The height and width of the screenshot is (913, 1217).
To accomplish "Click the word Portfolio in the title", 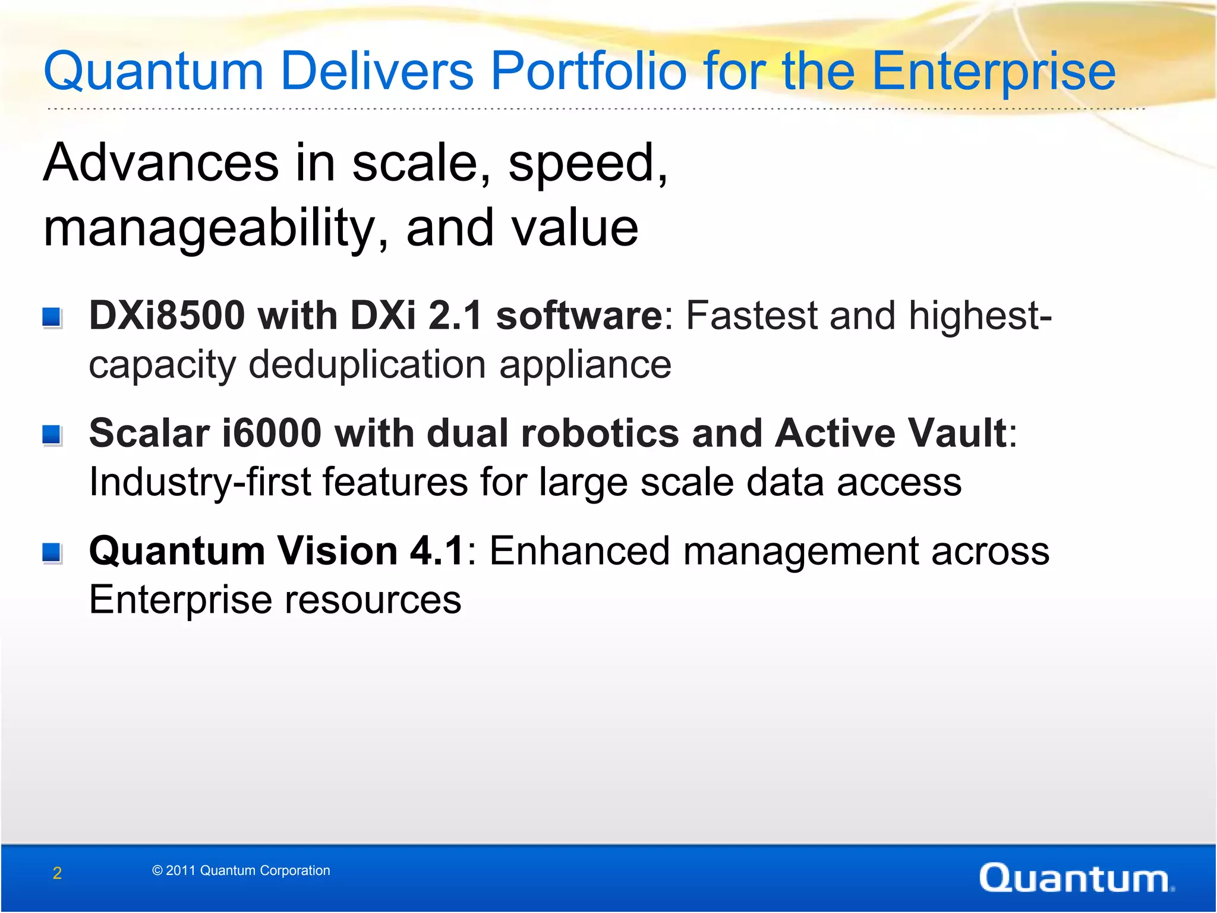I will click(x=587, y=72).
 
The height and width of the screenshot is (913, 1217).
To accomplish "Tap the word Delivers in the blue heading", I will click(x=377, y=72).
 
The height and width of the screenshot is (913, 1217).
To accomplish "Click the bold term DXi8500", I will click(x=167, y=315).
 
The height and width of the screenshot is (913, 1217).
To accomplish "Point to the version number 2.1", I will click(x=455, y=315).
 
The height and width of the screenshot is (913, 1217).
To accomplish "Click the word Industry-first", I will click(x=200, y=481).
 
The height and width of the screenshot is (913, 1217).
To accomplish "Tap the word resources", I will click(x=373, y=599).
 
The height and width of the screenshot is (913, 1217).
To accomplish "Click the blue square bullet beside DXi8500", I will click(x=52, y=317).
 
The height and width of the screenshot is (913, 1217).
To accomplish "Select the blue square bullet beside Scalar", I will click(x=52, y=435).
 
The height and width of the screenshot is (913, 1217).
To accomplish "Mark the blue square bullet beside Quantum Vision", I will click(x=52, y=553).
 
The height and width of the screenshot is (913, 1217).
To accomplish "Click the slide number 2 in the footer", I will click(x=57, y=873).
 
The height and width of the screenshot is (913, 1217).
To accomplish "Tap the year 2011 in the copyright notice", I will click(x=180, y=870).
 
